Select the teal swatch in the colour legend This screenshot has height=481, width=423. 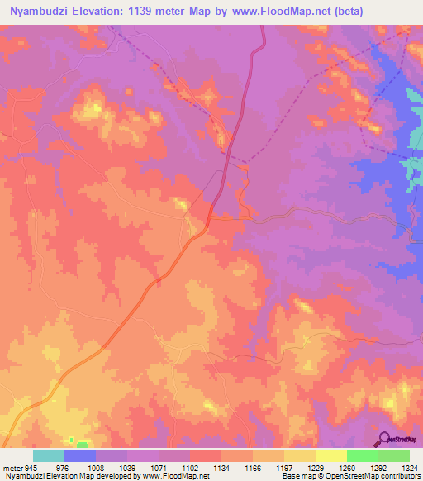[49, 456]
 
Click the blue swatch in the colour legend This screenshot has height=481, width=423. [80, 456]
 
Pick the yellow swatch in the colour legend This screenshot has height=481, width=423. [330, 456]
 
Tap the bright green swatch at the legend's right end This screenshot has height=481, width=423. [393, 456]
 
